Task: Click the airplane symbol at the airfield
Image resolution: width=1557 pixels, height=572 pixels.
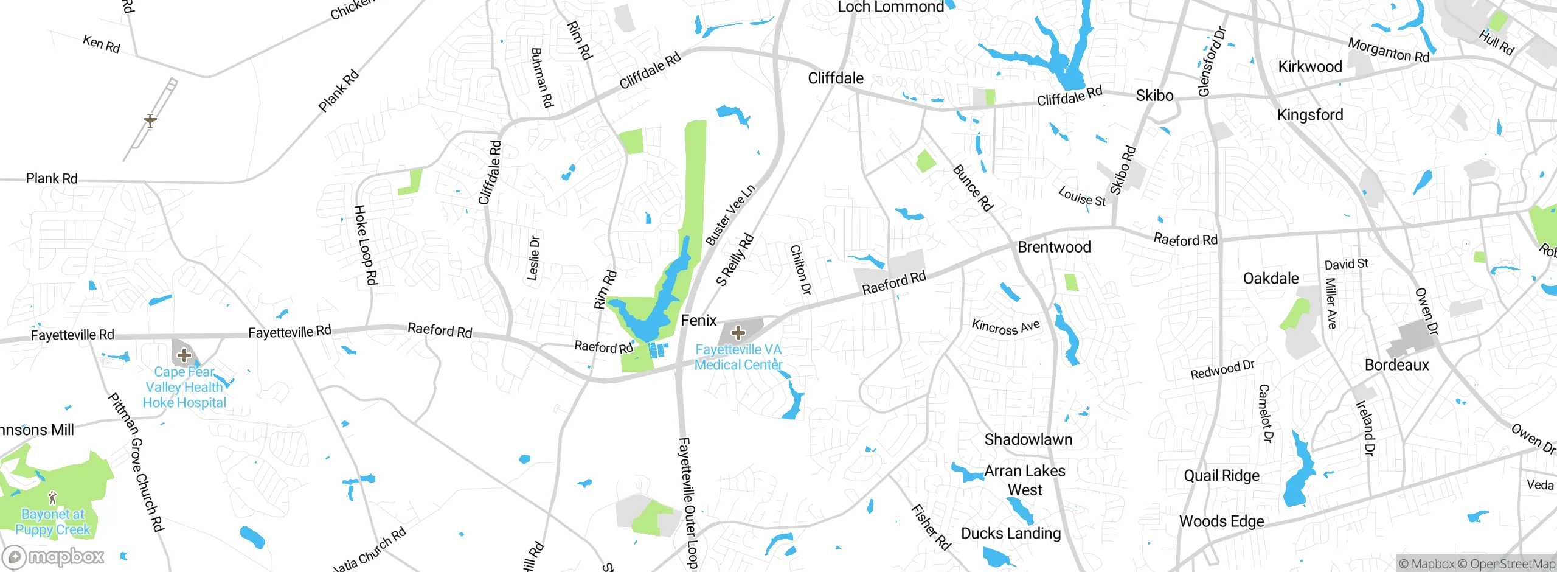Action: coord(150,120)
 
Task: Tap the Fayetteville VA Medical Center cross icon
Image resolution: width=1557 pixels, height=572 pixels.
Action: coord(738,333)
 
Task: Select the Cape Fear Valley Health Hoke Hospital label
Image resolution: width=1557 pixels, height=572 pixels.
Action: coord(184,387)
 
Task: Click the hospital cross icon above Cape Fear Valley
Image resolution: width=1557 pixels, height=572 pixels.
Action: coord(184,355)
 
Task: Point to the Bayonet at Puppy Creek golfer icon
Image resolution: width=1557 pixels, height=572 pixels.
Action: coord(53,498)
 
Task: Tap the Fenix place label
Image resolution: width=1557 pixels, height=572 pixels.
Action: coord(699,320)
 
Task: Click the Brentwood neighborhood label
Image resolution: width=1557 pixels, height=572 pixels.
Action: coord(1054,247)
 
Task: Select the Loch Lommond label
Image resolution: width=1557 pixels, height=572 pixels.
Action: coord(890,7)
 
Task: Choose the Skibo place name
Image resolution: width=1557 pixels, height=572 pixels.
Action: coord(1154,96)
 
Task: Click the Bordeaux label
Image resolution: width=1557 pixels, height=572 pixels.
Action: coord(1397,365)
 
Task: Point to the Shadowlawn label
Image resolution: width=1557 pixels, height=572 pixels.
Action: coord(1028,439)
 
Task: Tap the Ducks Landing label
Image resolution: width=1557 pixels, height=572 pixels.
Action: coord(1011,534)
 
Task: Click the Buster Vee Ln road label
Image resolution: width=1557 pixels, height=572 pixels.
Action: coord(730,215)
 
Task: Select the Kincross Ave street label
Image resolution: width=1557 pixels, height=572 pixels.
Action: coord(1005,327)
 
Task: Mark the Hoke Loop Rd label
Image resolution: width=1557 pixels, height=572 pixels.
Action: coord(366,245)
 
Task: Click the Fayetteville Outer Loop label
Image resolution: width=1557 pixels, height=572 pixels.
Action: coord(687,503)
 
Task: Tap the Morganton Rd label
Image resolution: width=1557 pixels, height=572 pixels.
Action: coord(1389,50)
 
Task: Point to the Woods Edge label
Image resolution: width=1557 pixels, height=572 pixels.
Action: coord(1221,521)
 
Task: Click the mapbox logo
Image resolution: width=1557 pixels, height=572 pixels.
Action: coord(54,556)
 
